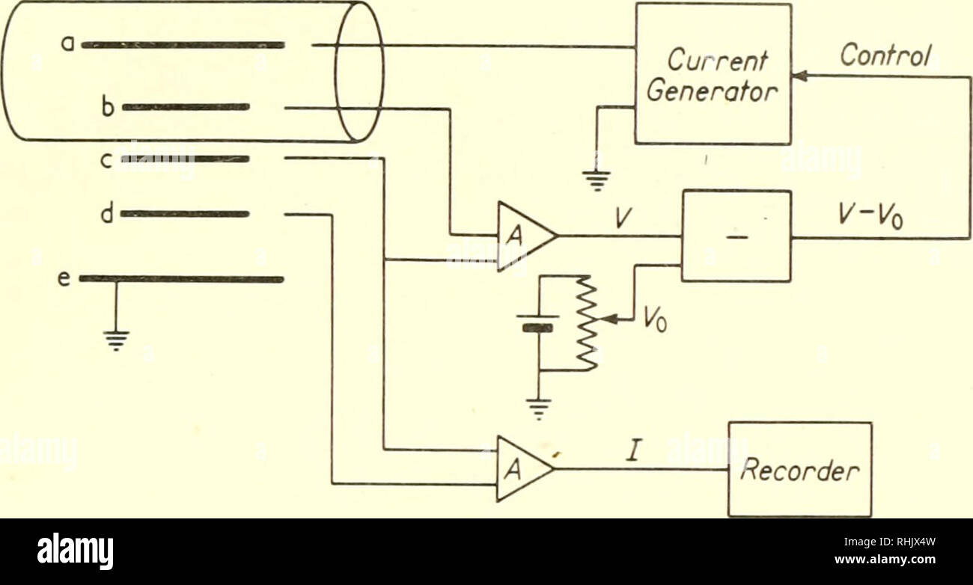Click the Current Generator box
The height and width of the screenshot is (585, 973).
tap(713, 73)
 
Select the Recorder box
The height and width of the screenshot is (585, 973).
tap(800, 469)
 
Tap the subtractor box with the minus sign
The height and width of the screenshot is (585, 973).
tap(736, 236)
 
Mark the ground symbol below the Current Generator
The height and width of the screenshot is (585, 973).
tap(597, 180)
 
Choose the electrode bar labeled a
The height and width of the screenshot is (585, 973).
tap(183, 45)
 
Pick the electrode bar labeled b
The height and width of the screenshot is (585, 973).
tap(185, 107)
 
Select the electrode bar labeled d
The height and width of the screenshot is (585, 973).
tap(185, 214)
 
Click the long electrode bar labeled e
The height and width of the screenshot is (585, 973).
tap(181, 279)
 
